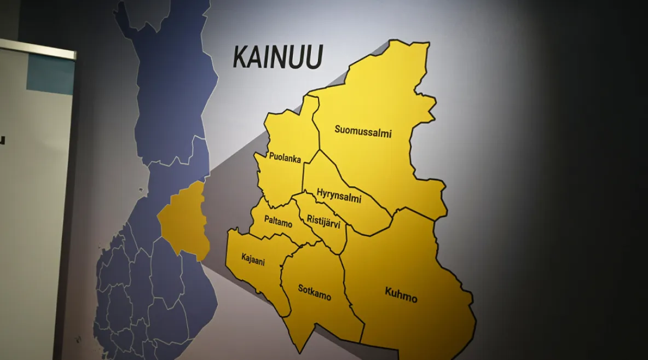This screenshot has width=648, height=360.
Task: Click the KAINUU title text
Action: (277, 57)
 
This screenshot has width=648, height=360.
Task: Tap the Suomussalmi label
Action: (363, 131)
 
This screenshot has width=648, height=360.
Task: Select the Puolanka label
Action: (285, 159)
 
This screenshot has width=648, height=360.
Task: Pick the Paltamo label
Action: (278, 224)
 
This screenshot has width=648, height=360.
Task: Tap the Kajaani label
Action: (253, 259)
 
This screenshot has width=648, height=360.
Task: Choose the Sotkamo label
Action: (314, 292)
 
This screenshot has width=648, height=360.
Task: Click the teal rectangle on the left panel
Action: (50, 74)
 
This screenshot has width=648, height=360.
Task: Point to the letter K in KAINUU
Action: (241, 57)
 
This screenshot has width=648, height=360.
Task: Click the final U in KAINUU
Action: (314, 57)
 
